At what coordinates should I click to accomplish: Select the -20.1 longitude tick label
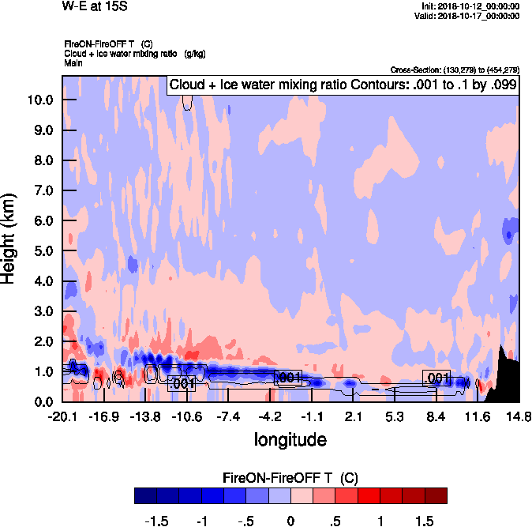coord(62,416)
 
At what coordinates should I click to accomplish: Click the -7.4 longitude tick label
coord(228,416)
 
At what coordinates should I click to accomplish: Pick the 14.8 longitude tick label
coord(518,416)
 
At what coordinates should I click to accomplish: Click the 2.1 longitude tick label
coord(353,416)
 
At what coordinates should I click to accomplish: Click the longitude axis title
coord(290,439)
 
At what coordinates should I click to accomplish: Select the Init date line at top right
coord(470,6)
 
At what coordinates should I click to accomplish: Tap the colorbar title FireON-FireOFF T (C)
coord(290,478)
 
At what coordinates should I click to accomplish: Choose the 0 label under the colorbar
coord(290,521)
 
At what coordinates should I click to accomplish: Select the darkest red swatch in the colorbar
coord(436,495)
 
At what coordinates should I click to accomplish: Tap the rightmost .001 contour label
coord(436,378)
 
